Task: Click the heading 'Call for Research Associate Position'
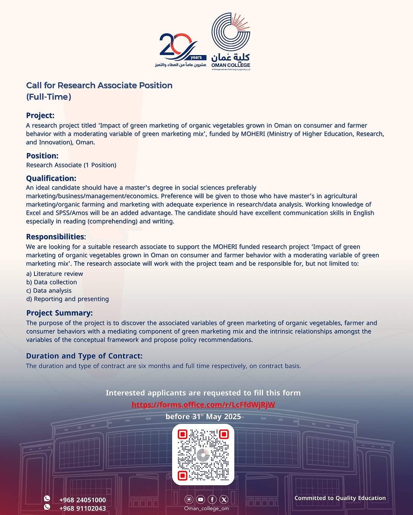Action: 99,85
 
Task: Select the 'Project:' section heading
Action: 40,115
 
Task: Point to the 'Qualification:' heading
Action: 51,178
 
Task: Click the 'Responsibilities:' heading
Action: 56,237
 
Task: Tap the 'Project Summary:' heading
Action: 59,313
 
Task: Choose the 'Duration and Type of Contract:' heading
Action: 84,356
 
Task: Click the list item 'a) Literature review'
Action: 54,274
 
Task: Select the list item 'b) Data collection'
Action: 51,282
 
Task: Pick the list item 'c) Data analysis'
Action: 49,291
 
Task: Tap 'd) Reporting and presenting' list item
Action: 67,299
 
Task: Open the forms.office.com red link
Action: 203,405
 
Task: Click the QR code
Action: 203,455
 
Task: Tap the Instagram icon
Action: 189,499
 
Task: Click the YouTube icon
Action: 200,499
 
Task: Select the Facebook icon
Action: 212,499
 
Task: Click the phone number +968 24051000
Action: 83,500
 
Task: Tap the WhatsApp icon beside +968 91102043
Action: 47,507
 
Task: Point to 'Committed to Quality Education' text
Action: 340,498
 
